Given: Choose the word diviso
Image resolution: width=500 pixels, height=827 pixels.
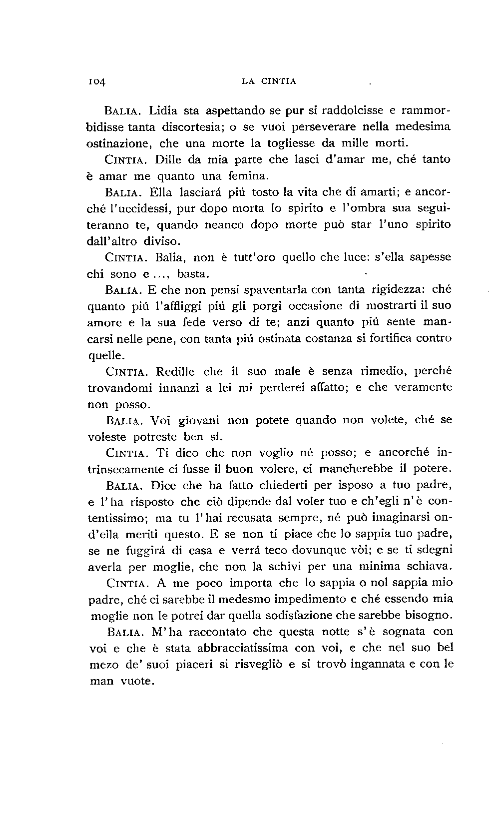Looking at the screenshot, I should [161, 241].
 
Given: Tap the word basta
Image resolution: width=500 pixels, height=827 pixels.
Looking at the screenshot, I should [193, 274].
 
